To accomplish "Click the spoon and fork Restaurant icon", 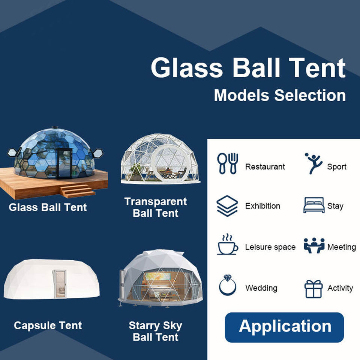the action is (227, 163).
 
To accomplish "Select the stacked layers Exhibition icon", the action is (227, 206).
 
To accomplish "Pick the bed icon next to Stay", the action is (313, 205).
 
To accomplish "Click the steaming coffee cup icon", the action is (227, 244).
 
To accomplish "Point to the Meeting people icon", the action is (314, 245).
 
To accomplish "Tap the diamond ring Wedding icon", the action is (228, 285).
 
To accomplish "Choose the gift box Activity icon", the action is (313, 289).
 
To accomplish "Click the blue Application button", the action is (284, 327).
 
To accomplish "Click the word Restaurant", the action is (265, 166).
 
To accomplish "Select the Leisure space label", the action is (270, 247).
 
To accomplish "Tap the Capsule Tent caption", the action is (48, 325).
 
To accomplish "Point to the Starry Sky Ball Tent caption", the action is (156, 331).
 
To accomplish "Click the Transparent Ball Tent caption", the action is (156, 207).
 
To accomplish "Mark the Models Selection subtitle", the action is (280, 95).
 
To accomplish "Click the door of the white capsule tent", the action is (60, 284).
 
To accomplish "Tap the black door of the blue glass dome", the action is (64, 163).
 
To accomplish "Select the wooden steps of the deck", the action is (78, 191).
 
